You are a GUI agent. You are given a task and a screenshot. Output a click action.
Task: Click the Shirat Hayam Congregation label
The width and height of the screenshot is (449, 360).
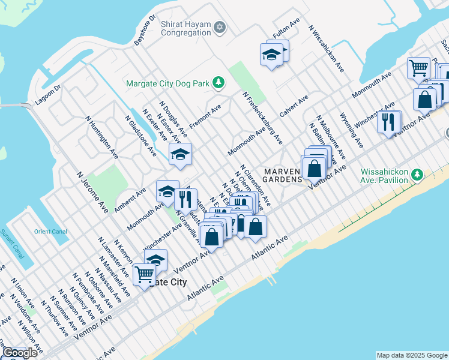pyautogui.click(x=185, y=28)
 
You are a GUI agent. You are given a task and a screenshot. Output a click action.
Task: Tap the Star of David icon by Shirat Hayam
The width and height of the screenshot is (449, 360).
pyautogui.click(x=220, y=28)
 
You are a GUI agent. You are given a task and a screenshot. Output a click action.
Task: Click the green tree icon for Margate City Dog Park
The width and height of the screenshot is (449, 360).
pyautogui.click(x=220, y=83)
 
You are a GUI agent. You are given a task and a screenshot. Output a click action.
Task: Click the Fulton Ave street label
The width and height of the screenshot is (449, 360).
pyautogui.click(x=286, y=29)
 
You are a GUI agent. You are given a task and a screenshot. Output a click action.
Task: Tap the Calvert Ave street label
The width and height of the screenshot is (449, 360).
pyautogui.click(x=294, y=106)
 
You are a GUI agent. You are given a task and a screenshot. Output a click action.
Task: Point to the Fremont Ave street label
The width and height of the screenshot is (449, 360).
pyautogui.click(x=205, y=116)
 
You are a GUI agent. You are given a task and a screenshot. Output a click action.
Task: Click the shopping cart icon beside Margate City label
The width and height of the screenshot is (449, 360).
pyautogui.click(x=144, y=275)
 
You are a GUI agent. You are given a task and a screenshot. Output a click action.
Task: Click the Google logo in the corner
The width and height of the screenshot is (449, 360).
pyautogui.click(x=20, y=353)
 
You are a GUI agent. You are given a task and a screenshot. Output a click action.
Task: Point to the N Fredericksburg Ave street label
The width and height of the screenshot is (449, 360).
pyautogui.click(x=262, y=118)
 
